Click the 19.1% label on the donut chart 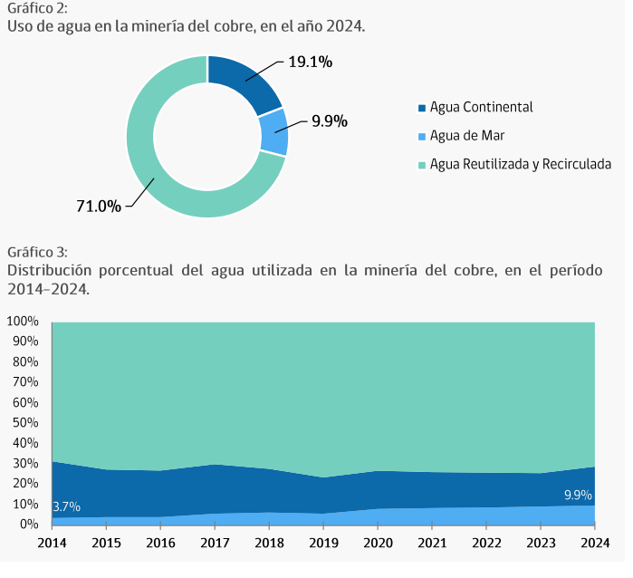pyautogui.click(x=310, y=63)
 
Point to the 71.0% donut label pyautogui.click(x=99, y=206)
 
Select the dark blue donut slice pyautogui.click(x=244, y=83)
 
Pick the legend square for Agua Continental pyautogui.click(x=421, y=108)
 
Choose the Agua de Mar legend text pyautogui.click(x=467, y=136)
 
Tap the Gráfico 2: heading pyautogui.click(x=35, y=8)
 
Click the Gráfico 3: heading pyautogui.click(x=35, y=251)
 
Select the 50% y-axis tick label pyautogui.click(x=24, y=423)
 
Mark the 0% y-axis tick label pyautogui.click(x=28, y=525)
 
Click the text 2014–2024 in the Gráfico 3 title pyautogui.click(x=47, y=289)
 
